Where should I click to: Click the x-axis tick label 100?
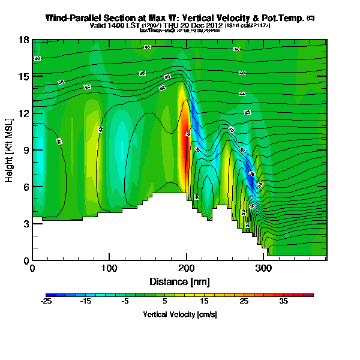(x=109, y=269)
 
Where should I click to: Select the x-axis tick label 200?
(x=187, y=269)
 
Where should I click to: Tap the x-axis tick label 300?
(x=263, y=269)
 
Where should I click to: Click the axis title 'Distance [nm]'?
(x=179, y=281)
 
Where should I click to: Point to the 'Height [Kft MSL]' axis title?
(x=10, y=150)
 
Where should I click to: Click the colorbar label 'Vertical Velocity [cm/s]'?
(x=179, y=314)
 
